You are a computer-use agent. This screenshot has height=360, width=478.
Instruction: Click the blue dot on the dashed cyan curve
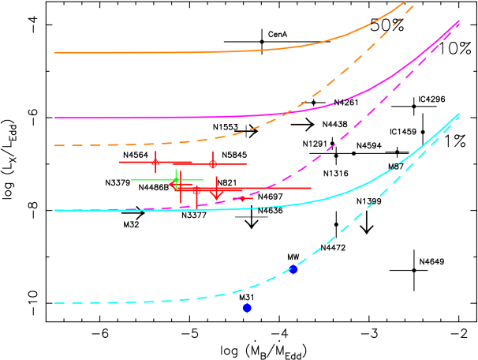coord(293,269)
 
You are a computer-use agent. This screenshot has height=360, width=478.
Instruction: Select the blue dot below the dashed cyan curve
coord(247,308)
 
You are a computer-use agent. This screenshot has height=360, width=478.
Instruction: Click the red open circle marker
coord(212,164)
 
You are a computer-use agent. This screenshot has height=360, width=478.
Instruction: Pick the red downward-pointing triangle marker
coord(216,193)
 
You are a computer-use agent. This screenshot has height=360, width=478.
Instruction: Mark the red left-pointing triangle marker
coord(173,185)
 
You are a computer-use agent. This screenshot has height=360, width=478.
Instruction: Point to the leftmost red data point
coord(155,162)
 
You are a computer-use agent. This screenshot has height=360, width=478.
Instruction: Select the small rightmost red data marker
coord(242,198)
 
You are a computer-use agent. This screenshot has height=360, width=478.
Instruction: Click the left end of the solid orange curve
coord(54,53)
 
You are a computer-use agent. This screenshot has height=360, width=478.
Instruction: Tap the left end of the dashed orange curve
coord(54,145)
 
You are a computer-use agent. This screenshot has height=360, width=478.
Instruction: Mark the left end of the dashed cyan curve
coord(54,303)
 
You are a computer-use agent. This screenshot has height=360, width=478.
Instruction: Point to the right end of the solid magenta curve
coord(459,23)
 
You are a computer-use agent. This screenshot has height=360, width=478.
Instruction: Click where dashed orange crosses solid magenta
coord(278,116)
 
